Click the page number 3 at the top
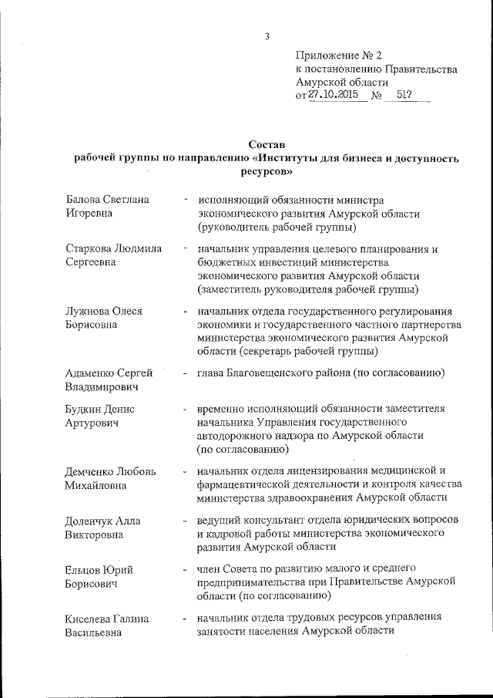coord(267,35)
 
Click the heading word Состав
coord(267,144)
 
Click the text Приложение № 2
coord(339,55)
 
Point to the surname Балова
coord(85,200)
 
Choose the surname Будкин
coord(86,409)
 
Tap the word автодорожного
coord(232,436)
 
